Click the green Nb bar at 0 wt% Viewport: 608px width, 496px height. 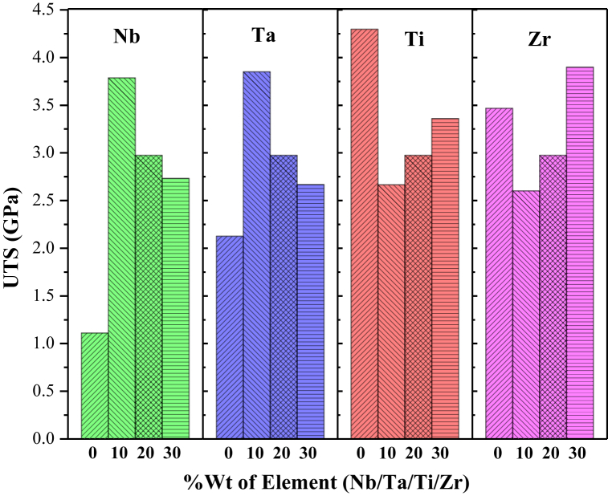95,385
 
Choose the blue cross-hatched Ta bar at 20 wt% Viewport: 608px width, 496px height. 284,297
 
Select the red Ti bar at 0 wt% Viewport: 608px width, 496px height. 365,234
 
